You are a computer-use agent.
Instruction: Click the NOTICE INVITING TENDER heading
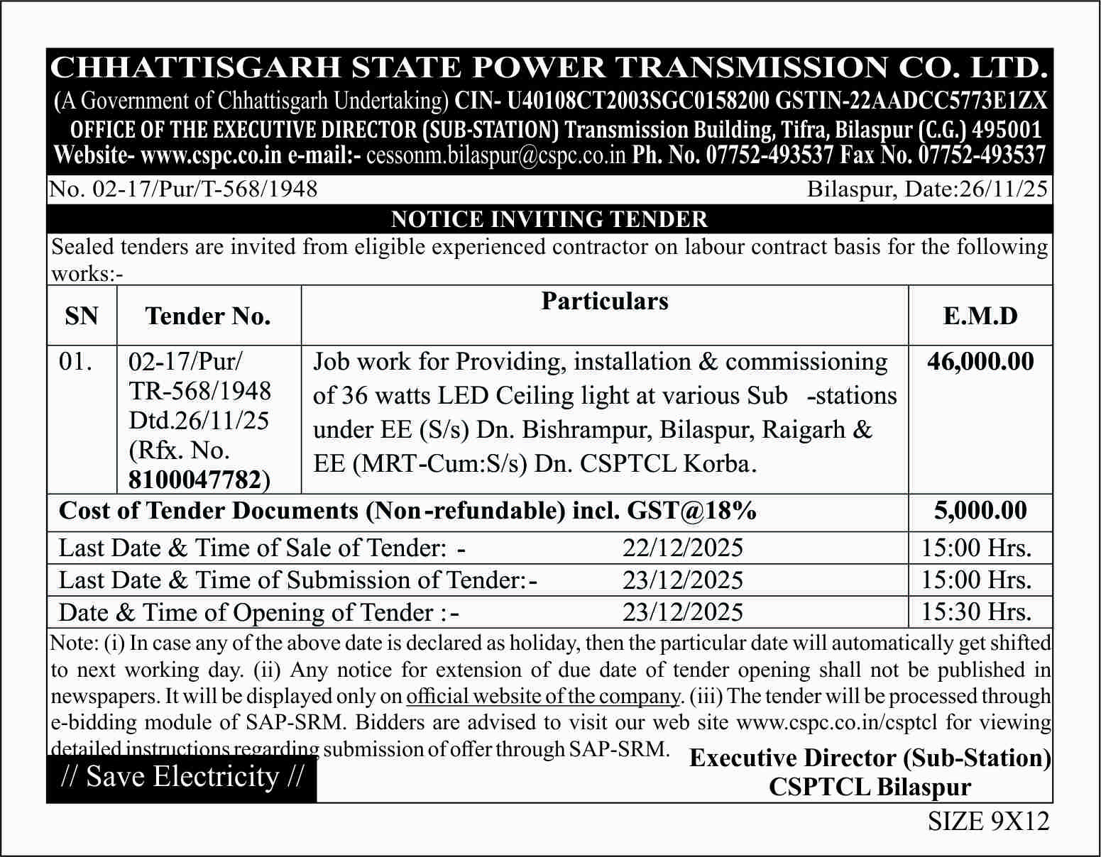549,219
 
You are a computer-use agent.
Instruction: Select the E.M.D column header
980,316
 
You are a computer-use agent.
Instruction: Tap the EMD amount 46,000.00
980,362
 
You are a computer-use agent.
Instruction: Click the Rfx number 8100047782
195,480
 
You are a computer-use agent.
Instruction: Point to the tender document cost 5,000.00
980,511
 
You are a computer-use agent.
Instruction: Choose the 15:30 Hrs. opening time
976,612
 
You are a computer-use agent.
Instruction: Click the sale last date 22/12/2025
683,548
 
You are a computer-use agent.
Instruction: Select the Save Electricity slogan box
182,777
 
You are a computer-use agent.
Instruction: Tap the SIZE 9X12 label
988,821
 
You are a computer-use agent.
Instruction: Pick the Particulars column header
605,301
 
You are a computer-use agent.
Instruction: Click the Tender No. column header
208,316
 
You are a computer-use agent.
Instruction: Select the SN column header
82,316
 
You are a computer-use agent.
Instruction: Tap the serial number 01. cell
76,362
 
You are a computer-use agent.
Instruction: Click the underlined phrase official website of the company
543,696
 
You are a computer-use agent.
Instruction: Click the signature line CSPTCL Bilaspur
870,787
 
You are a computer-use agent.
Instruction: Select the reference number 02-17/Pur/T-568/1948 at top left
183,189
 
